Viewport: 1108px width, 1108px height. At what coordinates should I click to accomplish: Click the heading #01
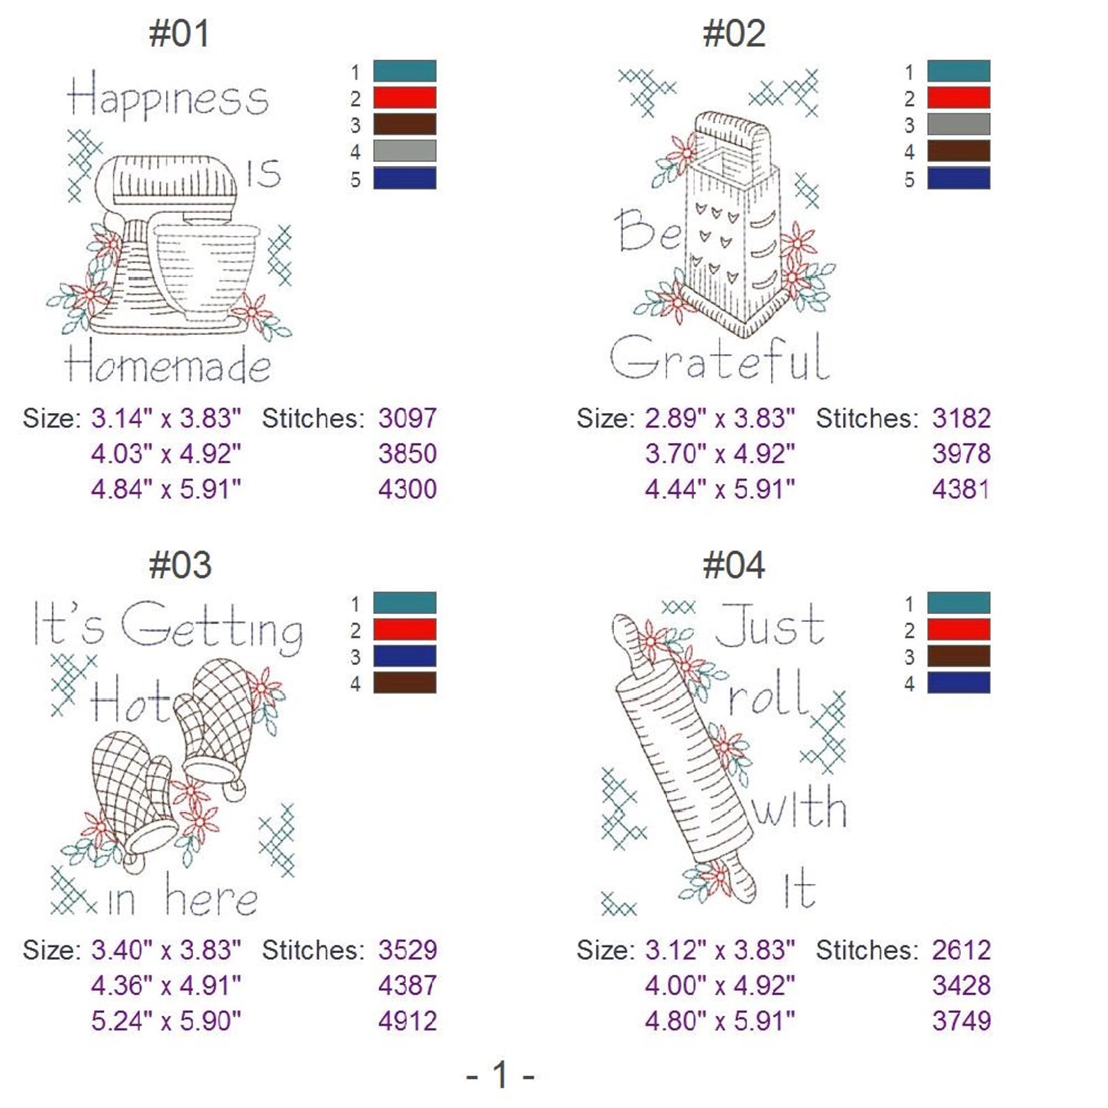pos(179,33)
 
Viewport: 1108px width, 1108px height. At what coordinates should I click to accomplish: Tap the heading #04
pos(733,565)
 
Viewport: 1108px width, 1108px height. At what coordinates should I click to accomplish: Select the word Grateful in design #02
pos(719,357)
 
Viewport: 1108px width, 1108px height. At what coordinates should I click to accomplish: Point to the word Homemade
pos(167,364)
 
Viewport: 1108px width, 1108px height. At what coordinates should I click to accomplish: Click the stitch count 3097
pos(407,419)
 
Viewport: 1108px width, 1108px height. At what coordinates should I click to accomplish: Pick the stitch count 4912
pos(407,1021)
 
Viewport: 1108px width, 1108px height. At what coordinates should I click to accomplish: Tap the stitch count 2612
pos(961,950)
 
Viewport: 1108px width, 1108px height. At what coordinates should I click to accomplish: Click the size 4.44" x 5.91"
pos(719,489)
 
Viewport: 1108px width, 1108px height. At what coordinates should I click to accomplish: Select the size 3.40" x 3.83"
pos(166,950)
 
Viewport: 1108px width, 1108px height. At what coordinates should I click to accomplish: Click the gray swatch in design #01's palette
pos(405,151)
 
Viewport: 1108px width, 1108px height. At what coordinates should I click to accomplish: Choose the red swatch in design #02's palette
pos(958,98)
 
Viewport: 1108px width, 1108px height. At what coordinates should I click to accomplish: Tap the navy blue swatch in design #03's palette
pos(405,656)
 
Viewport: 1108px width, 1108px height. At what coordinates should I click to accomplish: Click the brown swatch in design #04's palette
pos(958,656)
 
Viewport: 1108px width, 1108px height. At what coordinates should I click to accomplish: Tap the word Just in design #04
pos(770,626)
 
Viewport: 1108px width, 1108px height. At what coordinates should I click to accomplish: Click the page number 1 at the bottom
pos(500,1075)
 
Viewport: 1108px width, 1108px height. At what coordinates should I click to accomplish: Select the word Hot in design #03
pos(130,701)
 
